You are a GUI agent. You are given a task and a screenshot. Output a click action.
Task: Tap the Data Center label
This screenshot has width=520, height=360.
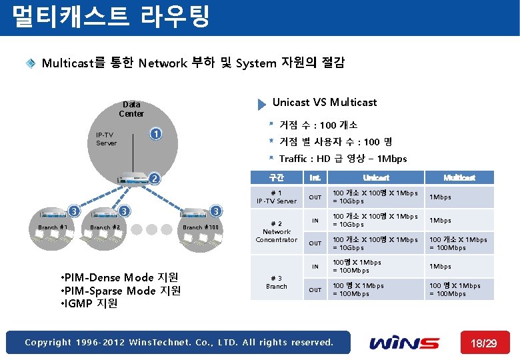pyautogui.click(x=131, y=109)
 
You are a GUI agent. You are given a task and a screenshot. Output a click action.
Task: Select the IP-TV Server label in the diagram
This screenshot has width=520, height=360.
pyautogui.click(x=106, y=139)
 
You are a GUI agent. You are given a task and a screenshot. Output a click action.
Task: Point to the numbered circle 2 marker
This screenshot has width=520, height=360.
pyautogui.click(x=154, y=178)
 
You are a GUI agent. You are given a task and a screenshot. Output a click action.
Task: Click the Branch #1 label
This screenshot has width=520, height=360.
pyautogui.click(x=53, y=227)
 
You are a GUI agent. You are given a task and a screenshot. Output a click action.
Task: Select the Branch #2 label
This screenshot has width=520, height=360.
pyautogui.click(x=105, y=227)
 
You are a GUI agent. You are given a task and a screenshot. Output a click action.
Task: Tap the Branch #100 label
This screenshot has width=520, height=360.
pyautogui.click(x=201, y=227)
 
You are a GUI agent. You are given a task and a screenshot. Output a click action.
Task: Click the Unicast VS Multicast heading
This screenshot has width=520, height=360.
pyautogui.click(x=325, y=103)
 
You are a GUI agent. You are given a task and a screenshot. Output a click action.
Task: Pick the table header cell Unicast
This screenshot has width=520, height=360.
pyautogui.click(x=376, y=177)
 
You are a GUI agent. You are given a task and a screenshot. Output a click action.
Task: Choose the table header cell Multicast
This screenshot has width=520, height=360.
pyautogui.click(x=459, y=177)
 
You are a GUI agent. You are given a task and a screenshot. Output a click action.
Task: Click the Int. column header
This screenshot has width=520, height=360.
pyautogui.click(x=315, y=177)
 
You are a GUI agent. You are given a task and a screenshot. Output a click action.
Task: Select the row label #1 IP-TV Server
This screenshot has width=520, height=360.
pyautogui.click(x=277, y=197)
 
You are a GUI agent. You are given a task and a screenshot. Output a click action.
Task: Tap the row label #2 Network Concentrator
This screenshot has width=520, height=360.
pyautogui.click(x=276, y=231)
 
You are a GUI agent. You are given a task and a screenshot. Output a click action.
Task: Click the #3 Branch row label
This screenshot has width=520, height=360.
pyautogui.click(x=276, y=282)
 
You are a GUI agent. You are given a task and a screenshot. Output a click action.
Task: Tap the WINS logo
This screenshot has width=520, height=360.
pyautogui.click(x=405, y=343)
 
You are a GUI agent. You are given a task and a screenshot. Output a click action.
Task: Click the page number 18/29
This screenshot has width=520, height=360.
pyautogui.click(x=483, y=343)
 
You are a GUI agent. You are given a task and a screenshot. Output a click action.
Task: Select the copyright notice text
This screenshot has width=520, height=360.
pyautogui.click(x=179, y=343)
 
